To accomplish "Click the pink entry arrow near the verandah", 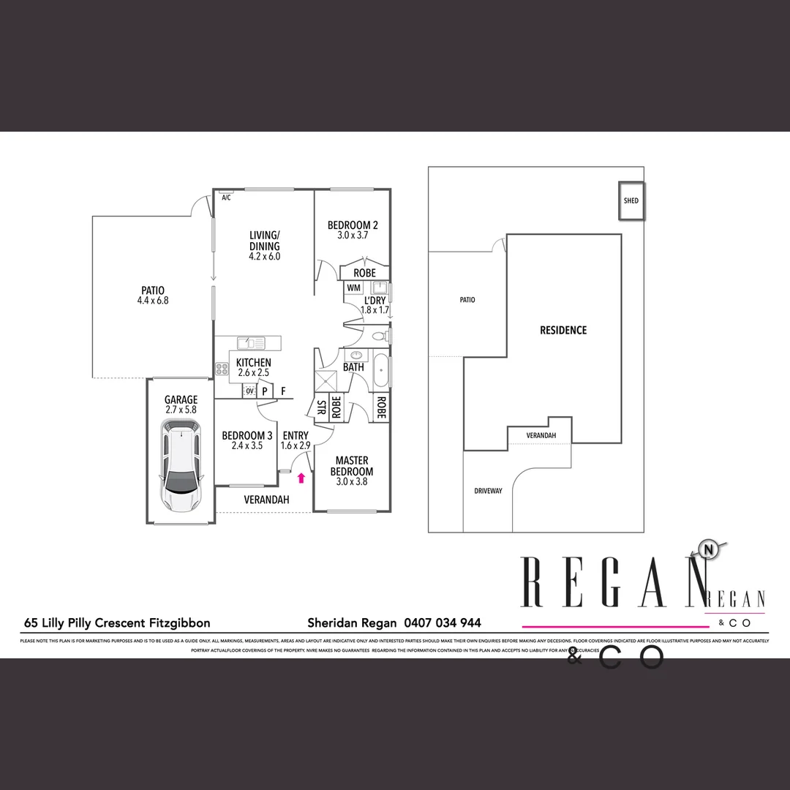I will (301, 478).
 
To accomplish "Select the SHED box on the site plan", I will (631, 200).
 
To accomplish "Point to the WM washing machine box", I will (354, 288).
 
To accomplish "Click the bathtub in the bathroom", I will (382, 371).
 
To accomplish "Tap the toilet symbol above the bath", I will (379, 336).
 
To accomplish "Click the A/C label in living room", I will (226, 197).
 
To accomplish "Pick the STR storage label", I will (320, 408).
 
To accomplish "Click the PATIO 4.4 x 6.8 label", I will (153, 295).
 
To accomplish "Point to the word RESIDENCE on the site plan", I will (563, 330).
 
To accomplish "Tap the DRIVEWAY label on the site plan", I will (488, 491).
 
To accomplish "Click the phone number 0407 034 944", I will (443, 623).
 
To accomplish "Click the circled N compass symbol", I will (707, 550).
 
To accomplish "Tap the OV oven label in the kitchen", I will (249, 391).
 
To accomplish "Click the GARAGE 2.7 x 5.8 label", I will (181, 405).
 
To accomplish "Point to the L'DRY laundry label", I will (375, 305).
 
